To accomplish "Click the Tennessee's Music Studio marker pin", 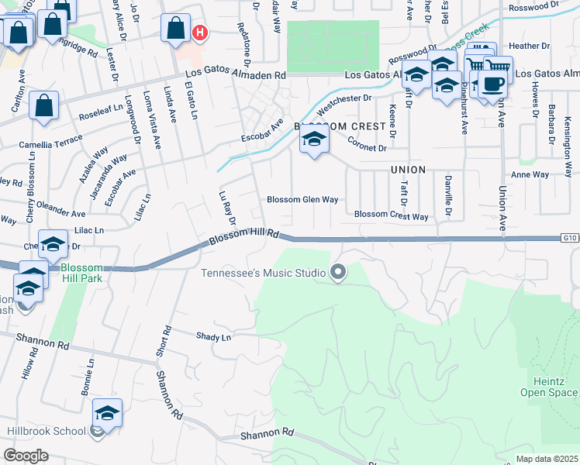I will [x=337, y=272].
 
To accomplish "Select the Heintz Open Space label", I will [x=554, y=387].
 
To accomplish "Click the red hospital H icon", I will [x=200, y=33].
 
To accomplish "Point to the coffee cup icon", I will [x=492, y=84].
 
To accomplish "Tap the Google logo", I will [x=26, y=455].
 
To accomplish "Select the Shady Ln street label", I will [x=214, y=337].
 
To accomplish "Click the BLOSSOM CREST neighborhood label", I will [x=340, y=126].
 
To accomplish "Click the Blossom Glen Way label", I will [x=302, y=199].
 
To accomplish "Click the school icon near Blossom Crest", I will [x=314, y=139].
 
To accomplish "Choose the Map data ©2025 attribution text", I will [x=547, y=459].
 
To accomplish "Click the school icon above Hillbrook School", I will [x=108, y=412].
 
